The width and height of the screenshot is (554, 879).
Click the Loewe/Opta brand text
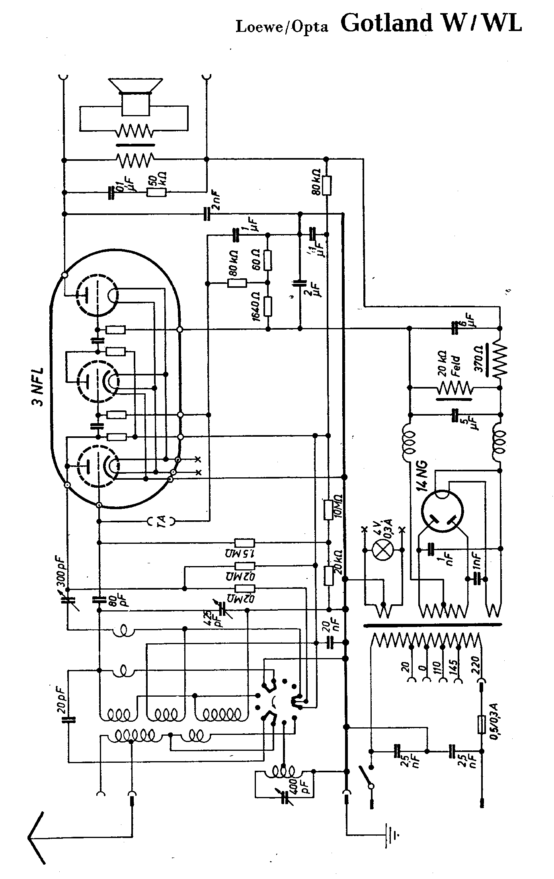tap(282, 26)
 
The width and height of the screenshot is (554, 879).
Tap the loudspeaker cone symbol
tap(136, 86)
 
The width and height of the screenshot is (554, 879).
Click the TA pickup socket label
tap(161, 521)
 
